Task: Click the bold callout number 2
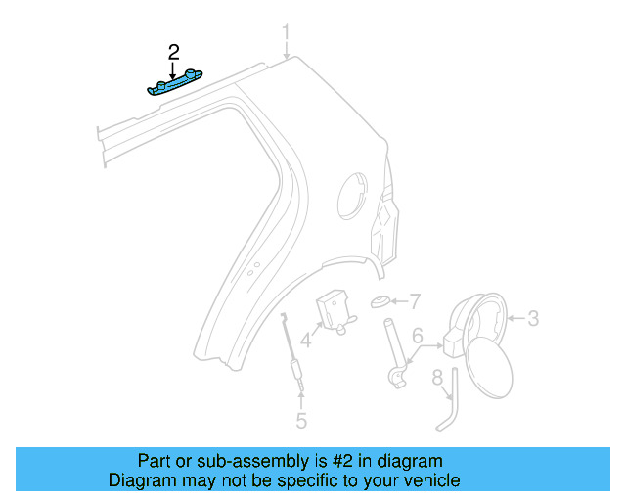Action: (173, 52)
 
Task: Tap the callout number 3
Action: (533, 318)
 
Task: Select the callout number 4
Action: (305, 342)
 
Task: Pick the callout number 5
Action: (301, 421)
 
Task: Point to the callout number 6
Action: (417, 336)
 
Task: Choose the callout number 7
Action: (414, 300)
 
